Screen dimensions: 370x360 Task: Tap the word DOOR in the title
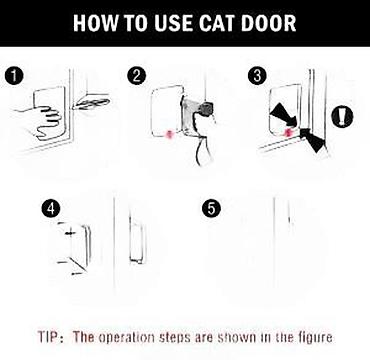[x=269, y=23]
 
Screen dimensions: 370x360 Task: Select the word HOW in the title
[x=95, y=23]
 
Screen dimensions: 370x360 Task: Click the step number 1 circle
[x=14, y=76]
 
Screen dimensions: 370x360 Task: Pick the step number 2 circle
[x=137, y=76]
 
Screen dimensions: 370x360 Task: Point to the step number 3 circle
[x=257, y=76]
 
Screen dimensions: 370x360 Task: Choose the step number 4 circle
[x=51, y=209]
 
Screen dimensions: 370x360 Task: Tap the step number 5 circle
[x=212, y=209]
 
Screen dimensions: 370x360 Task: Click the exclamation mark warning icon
[x=342, y=117]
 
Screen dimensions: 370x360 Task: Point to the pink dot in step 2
[x=170, y=135]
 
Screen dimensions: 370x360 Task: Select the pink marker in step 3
[x=288, y=132]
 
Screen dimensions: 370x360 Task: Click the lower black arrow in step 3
[x=313, y=140]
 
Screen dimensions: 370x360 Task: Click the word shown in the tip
[x=237, y=337]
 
